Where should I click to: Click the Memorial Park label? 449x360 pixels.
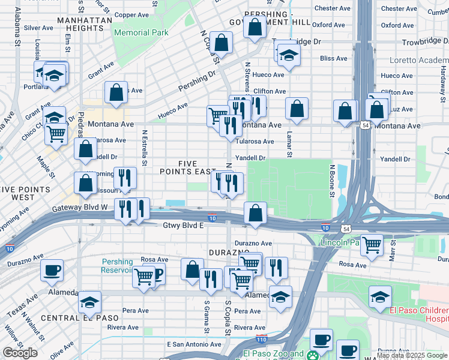click(141, 32)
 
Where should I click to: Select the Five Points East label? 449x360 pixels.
click(197, 168)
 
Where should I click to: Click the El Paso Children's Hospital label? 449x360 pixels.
click(419, 314)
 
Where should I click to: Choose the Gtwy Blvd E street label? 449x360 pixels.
click(184, 225)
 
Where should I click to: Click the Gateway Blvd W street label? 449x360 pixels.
click(79, 207)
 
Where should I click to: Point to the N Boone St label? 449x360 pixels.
click(331, 178)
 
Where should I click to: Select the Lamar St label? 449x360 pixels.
click(289, 145)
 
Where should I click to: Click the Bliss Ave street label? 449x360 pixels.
click(334, 59)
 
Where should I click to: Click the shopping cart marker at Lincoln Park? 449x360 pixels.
click(372, 244)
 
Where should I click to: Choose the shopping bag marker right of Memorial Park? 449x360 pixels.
click(221, 43)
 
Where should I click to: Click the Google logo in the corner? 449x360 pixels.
click(20, 353)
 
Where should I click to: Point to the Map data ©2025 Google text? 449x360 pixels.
click(412, 355)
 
